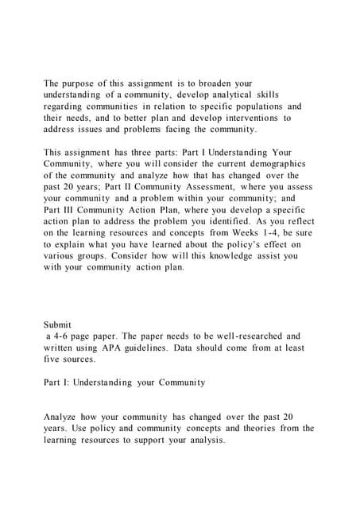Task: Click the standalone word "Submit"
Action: (x=58, y=324)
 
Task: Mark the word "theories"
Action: (x=246, y=429)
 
